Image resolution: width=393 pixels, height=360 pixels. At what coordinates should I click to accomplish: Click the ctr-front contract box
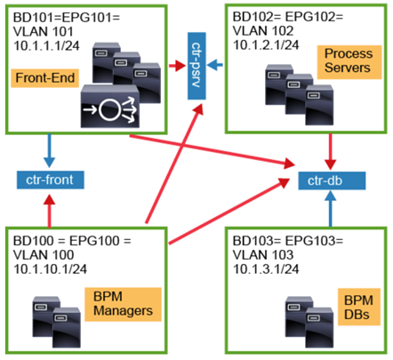(51, 180)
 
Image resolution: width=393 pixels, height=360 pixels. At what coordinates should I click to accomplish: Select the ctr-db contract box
(332, 180)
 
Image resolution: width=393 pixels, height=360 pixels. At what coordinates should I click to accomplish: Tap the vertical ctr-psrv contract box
(196, 66)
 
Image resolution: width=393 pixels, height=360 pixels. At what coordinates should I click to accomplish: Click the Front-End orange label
(45, 78)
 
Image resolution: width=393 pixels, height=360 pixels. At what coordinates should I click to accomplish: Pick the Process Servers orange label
(349, 62)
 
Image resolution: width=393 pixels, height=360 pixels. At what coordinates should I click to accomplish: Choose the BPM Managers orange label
(123, 304)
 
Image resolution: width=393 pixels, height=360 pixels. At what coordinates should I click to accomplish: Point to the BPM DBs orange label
(359, 307)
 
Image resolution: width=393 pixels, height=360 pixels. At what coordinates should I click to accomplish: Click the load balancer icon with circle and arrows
(110, 107)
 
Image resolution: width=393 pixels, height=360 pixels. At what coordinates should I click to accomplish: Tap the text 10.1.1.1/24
(46, 46)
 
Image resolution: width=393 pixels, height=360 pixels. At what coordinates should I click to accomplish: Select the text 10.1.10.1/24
(50, 269)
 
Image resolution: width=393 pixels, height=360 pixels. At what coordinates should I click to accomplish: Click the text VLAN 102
(263, 31)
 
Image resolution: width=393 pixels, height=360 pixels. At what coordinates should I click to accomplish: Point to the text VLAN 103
(263, 255)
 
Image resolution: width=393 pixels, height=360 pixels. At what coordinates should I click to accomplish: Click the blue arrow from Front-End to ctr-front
(49, 150)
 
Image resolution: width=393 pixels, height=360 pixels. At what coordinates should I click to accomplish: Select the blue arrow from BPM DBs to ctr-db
(331, 209)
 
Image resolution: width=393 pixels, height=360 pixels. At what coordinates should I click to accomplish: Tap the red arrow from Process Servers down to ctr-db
(331, 152)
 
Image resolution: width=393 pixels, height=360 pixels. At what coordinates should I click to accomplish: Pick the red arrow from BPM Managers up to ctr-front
(49, 211)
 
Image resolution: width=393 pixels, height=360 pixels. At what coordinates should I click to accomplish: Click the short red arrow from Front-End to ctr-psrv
(178, 65)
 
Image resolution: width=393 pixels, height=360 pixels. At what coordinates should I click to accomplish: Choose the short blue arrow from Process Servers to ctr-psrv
(215, 65)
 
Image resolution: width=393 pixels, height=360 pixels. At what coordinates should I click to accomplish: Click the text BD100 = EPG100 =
(72, 241)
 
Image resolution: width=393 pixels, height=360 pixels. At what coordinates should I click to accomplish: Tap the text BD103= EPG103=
(288, 241)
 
